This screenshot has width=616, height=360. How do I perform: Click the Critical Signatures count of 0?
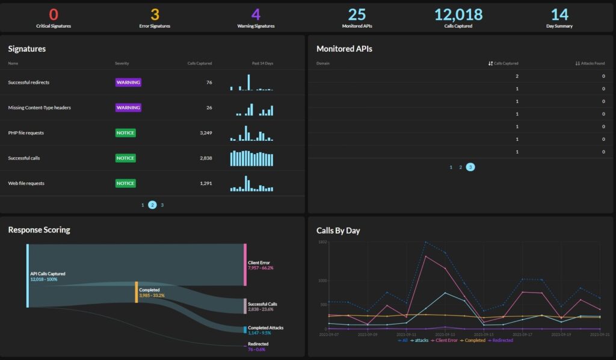click(54, 14)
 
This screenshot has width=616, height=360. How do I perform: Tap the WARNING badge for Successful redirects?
click(128, 82)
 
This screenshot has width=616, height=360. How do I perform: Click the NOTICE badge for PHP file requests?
click(126, 132)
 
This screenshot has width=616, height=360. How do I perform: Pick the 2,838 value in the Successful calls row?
click(205, 158)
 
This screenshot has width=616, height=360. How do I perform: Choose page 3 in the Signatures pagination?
click(162, 205)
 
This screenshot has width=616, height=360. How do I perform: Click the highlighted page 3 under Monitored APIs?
click(470, 167)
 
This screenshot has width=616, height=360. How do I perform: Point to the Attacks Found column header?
click(590, 63)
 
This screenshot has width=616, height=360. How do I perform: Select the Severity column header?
click(122, 63)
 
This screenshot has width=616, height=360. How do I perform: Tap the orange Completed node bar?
click(137, 292)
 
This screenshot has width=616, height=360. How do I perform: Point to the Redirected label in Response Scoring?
click(258, 344)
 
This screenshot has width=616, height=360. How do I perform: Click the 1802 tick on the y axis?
click(322, 242)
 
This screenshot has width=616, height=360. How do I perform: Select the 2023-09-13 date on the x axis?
click(446, 334)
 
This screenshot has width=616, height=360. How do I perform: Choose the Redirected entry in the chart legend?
click(501, 340)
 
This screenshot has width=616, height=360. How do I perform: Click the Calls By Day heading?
click(338, 231)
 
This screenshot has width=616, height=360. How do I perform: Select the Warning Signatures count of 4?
click(256, 14)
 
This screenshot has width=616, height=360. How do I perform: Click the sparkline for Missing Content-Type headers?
click(251, 108)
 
